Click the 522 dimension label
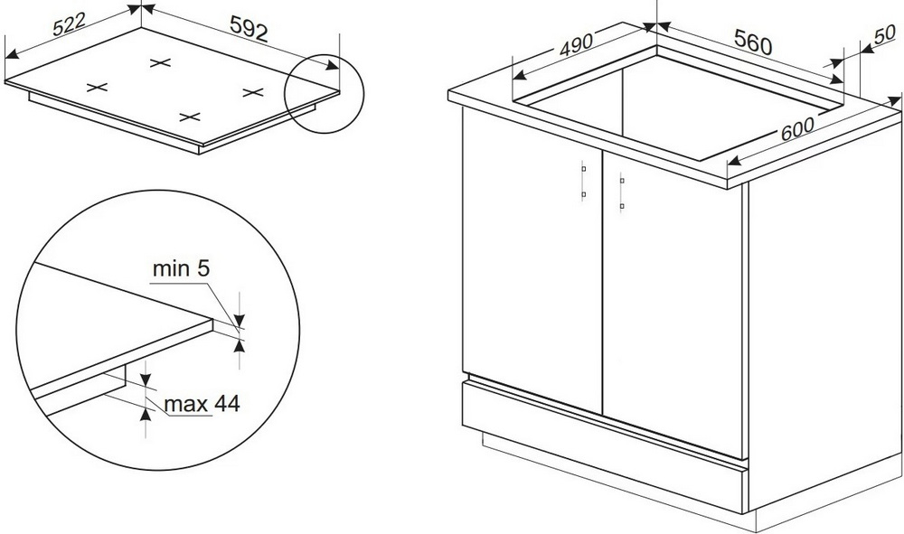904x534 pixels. click(x=69, y=24)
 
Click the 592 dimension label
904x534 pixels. click(x=250, y=28)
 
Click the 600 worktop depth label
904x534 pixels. click(x=797, y=129)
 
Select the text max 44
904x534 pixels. click(x=202, y=404)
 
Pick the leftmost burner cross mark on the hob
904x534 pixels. click(x=97, y=88)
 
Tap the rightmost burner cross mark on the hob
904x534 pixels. click(x=252, y=91)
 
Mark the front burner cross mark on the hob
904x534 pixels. click(x=189, y=117)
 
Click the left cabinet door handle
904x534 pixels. click(x=583, y=182)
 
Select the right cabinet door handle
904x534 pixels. click(x=622, y=193)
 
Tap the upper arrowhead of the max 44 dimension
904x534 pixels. click(x=146, y=379)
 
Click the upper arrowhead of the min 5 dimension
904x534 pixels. click(x=240, y=319)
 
